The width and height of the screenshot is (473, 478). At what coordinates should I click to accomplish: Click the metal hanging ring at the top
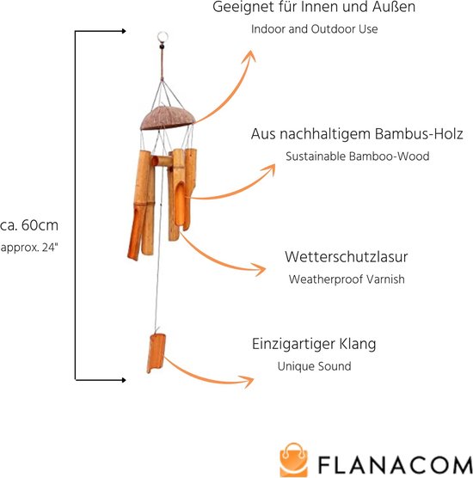[163, 33]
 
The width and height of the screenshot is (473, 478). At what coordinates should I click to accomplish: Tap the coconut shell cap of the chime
[167, 119]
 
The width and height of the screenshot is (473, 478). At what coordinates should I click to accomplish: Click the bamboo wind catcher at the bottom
[156, 353]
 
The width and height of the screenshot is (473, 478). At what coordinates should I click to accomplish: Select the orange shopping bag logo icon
[293, 460]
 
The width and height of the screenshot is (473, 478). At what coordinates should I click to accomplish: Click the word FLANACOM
[396, 465]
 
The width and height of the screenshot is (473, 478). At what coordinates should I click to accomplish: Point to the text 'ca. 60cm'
[29, 225]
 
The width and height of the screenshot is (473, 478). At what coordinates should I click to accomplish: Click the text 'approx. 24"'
[29, 248]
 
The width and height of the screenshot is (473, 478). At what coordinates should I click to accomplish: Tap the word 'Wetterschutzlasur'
[346, 257]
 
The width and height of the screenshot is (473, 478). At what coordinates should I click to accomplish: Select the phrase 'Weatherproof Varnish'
[347, 279]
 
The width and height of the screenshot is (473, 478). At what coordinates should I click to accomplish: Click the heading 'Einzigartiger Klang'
[314, 344]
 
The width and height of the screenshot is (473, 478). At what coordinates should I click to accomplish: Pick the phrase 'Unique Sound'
[314, 366]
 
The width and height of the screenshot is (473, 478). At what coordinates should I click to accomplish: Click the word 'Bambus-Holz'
[419, 134]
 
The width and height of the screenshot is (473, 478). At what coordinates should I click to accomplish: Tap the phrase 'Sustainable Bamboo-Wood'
[358, 156]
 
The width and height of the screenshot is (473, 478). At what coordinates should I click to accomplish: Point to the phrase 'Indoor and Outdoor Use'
[315, 29]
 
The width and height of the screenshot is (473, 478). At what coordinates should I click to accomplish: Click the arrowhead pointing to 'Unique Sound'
[248, 381]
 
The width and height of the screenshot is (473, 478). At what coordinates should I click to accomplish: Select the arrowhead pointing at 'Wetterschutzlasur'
[259, 269]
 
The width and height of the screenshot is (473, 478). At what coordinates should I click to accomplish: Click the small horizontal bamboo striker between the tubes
[162, 161]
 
